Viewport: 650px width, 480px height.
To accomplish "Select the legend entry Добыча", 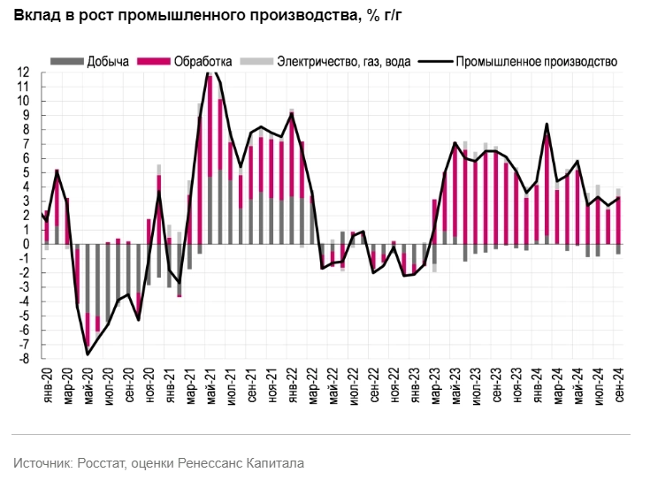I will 108,62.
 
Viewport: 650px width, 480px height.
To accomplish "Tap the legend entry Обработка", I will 203,62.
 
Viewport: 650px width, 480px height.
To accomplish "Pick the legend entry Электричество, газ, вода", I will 342,62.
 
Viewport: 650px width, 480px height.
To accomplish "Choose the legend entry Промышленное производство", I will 537,62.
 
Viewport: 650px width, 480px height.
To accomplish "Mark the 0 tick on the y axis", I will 27,245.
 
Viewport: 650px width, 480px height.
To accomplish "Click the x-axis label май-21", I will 210,385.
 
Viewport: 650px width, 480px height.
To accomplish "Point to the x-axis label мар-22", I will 312,385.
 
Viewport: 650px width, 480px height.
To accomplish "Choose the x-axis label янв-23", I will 414,385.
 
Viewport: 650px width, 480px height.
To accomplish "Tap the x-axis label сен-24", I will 618,385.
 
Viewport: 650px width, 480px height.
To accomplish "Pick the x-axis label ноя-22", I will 394,385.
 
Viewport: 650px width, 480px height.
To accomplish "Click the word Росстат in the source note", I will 108,462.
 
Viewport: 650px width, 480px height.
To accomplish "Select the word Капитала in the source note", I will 274,462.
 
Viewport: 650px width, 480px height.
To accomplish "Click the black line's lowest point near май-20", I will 88,354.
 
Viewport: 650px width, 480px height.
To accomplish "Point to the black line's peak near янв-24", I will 547,124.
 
